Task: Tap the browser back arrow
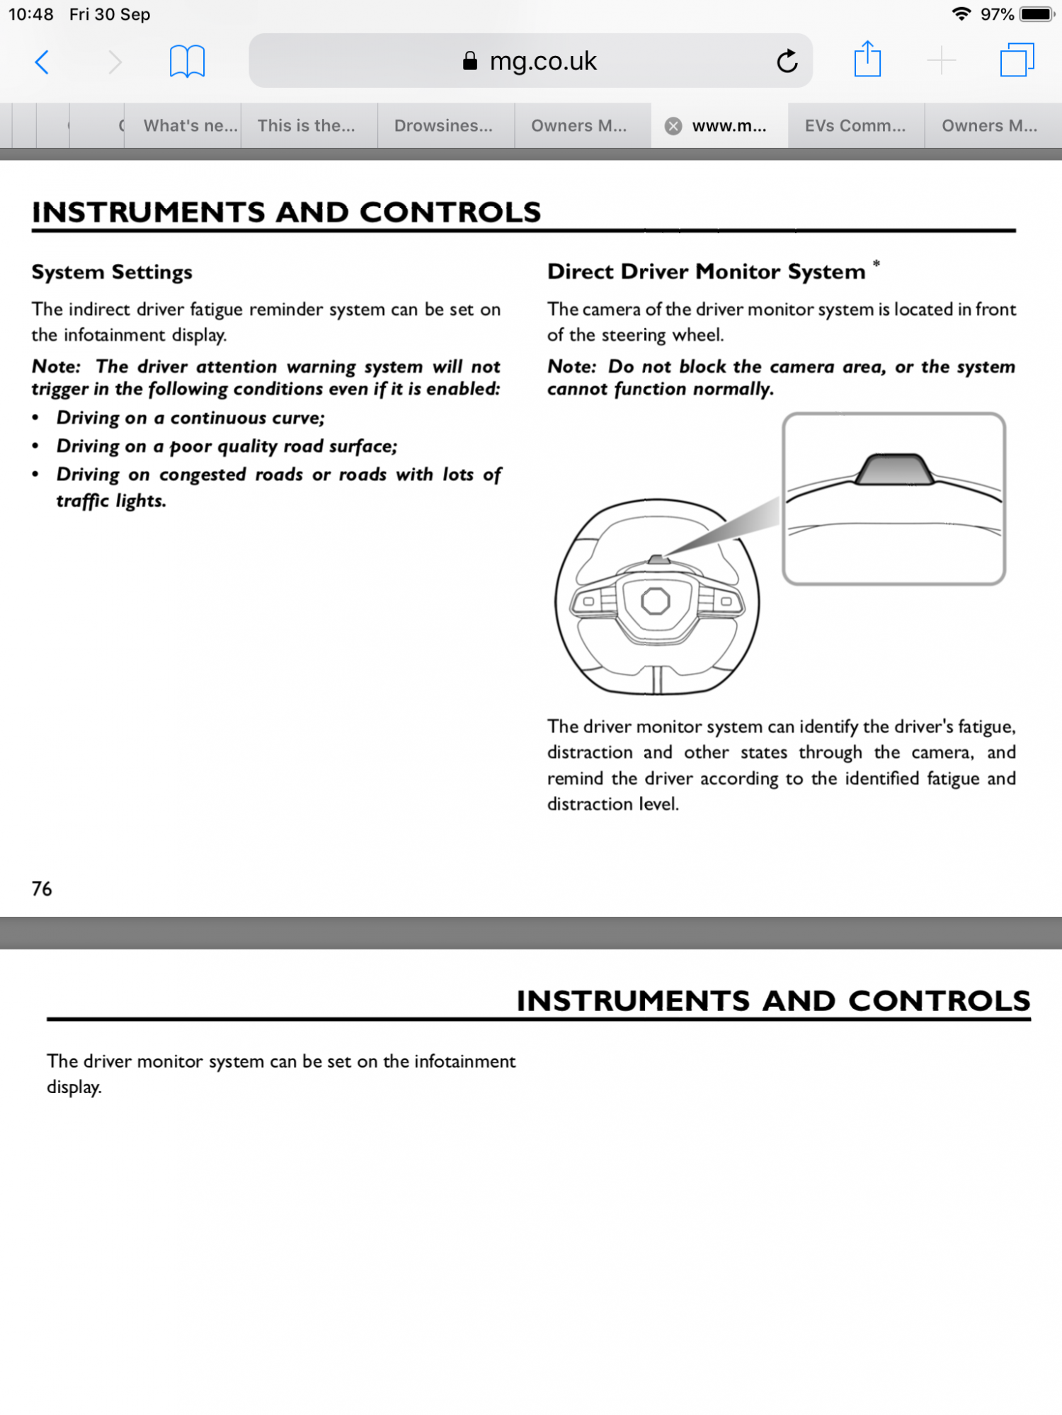click(x=42, y=62)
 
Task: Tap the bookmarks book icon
click(x=187, y=62)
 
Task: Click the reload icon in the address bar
click(x=787, y=62)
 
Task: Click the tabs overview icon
click(x=1017, y=60)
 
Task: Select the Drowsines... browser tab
click(x=443, y=126)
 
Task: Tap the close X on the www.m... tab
click(x=673, y=126)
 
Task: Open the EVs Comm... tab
click(x=855, y=126)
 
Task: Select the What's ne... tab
click(x=190, y=126)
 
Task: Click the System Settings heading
click(x=112, y=272)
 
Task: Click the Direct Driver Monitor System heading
click(x=706, y=272)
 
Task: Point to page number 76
click(x=42, y=889)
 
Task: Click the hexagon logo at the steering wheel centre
click(x=656, y=601)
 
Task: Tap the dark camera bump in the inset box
click(x=893, y=470)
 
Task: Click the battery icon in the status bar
click(x=1037, y=14)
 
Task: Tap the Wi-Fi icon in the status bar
click(x=961, y=14)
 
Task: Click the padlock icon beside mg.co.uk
click(x=469, y=62)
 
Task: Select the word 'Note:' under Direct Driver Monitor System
click(x=572, y=366)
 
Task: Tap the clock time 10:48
click(x=31, y=14)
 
